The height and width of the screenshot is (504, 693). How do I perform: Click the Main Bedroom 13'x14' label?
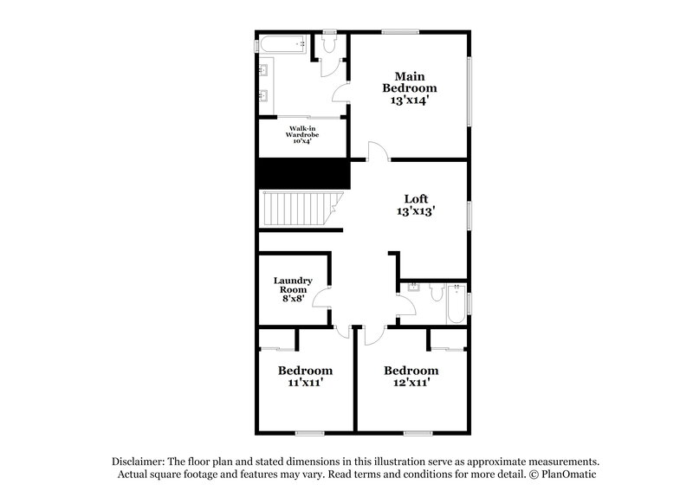410,87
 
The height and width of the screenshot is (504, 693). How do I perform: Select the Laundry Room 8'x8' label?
288,289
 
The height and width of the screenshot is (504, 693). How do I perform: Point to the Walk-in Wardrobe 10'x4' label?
302,134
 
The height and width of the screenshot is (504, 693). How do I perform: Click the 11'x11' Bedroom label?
305,376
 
